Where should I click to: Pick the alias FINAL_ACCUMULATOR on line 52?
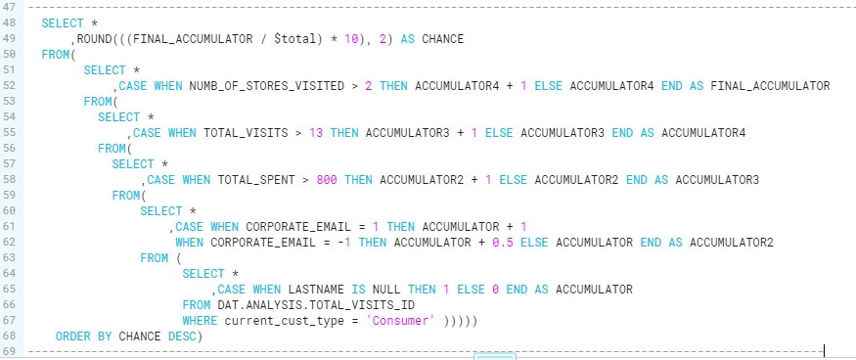[773, 86]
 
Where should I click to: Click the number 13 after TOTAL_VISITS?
[313, 133]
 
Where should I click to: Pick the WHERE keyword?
[200, 320]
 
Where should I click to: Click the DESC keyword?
[181, 336]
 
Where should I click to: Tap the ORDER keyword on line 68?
[72, 336]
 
